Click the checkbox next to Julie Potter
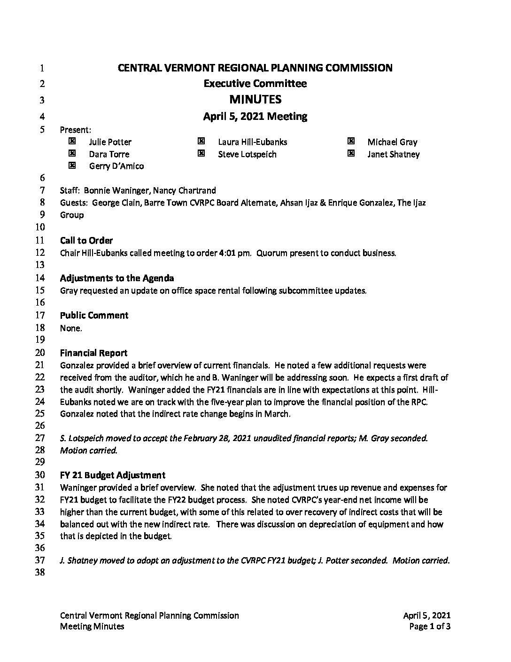click(x=72, y=141)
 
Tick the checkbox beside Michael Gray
click(x=350, y=141)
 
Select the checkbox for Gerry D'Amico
click(x=72, y=165)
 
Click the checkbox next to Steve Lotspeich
click(x=201, y=153)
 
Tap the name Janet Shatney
click(x=393, y=154)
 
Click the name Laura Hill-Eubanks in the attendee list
click(x=252, y=142)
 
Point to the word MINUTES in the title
click(x=255, y=99)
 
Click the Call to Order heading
click(x=86, y=241)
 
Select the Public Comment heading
click(x=94, y=315)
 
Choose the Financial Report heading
click(x=93, y=353)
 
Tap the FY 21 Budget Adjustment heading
click(x=112, y=475)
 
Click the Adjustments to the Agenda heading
click(x=117, y=278)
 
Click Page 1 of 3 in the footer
click(x=430, y=626)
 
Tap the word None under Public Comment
click(x=70, y=328)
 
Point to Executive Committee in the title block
click(x=255, y=84)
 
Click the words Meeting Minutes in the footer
click(x=92, y=626)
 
